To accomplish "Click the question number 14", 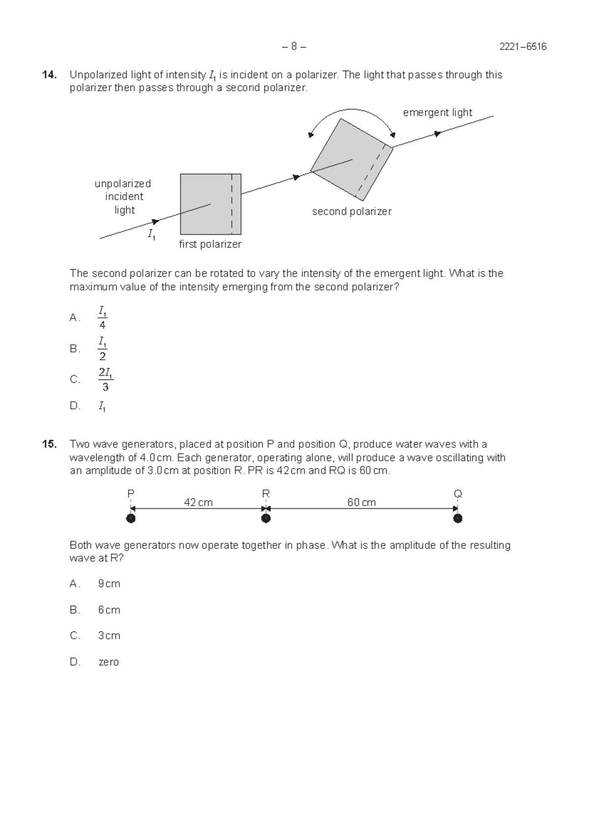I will (49, 75).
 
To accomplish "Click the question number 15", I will (49, 444).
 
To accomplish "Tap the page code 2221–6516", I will (523, 47).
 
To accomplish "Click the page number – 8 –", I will (294, 47).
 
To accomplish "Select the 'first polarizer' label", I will (210, 244).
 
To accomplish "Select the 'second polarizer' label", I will (351, 211).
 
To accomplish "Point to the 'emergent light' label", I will (437, 113).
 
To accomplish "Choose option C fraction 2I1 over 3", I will (105, 380).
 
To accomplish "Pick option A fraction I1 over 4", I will (102, 318).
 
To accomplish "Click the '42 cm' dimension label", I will (198, 502).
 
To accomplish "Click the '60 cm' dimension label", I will (361, 502).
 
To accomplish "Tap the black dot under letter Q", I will (457, 519).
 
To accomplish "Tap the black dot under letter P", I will (131, 519).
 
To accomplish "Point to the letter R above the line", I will (266, 494).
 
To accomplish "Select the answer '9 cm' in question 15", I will (109, 584).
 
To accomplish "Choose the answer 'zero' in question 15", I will (108, 662).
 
